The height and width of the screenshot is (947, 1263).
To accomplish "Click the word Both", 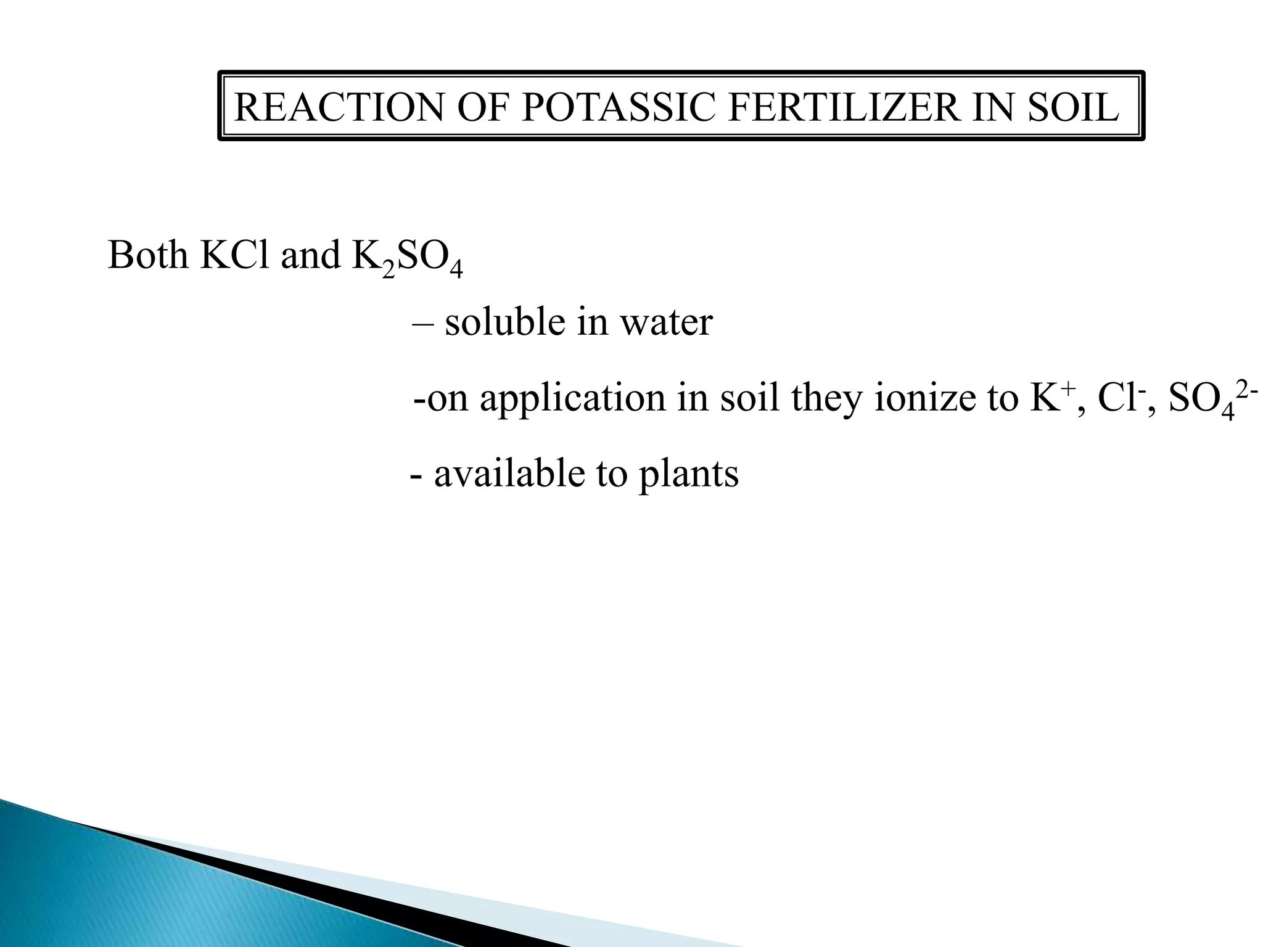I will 148,255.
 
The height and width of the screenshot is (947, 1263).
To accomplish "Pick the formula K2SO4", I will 406,258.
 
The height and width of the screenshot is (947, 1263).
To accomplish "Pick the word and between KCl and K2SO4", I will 310,255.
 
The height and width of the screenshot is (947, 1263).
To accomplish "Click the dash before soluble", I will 423,322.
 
